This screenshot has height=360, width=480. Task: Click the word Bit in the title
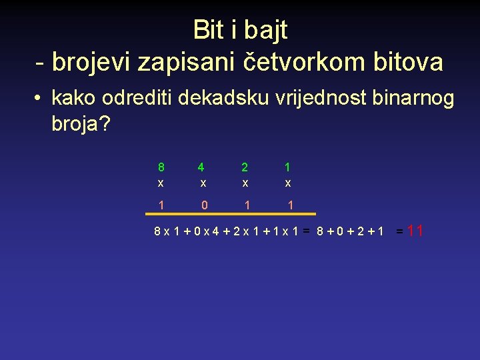pos(208,29)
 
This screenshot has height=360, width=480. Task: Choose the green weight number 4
pos(201,167)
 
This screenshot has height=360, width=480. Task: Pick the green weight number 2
pos(245,167)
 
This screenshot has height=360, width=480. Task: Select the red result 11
pos(415,231)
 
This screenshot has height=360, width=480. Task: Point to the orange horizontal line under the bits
pos(231,215)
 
